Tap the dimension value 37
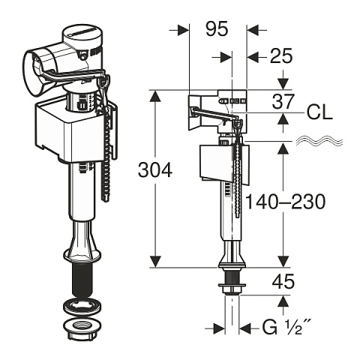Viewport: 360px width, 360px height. pyautogui.click(x=282, y=100)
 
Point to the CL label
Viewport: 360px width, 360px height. pyautogui.click(x=319, y=114)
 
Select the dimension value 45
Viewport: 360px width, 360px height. pyautogui.click(x=282, y=283)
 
